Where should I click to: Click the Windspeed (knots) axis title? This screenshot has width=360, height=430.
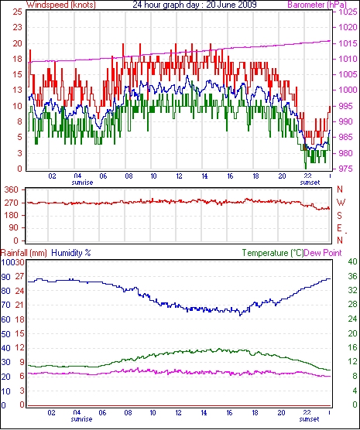(x=61, y=5)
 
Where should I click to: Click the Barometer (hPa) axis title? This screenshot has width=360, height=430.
(x=317, y=5)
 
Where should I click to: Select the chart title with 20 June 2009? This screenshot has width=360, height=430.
(x=194, y=4)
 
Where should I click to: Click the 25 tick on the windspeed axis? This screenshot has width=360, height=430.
(x=17, y=12)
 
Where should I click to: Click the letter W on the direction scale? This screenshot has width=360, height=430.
(x=341, y=203)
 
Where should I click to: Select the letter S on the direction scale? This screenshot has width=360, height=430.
(x=339, y=216)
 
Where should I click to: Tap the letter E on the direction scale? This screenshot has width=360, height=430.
(x=339, y=228)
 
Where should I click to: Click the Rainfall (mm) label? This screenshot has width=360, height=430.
(x=24, y=253)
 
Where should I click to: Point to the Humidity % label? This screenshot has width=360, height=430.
(x=71, y=253)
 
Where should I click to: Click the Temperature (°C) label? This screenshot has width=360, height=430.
(x=273, y=253)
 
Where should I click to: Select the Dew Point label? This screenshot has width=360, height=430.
(x=323, y=253)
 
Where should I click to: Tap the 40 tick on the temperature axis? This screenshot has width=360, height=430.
(x=352, y=261)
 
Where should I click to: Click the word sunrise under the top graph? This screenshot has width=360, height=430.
(x=82, y=183)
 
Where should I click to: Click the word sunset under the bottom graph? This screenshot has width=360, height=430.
(x=309, y=419)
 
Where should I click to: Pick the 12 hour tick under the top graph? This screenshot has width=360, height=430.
(x=179, y=176)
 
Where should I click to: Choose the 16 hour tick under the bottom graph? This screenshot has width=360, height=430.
(x=229, y=413)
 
